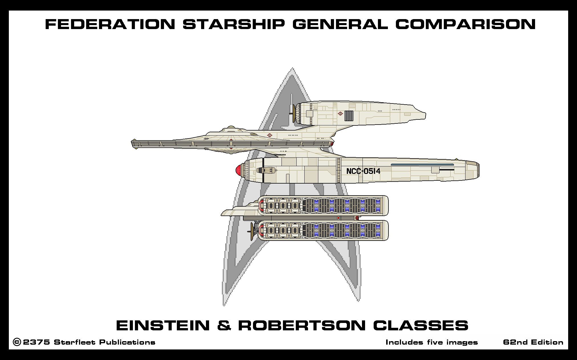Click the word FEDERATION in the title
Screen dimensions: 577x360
pyautogui.click(x=110, y=24)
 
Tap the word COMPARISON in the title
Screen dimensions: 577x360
pyautogui.click(x=465, y=24)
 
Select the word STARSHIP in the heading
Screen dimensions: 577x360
pyautogui.click(x=234, y=24)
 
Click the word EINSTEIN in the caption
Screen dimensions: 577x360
pyautogui.click(x=163, y=326)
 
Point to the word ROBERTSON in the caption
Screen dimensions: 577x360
pyautogui.click(x=302, y=326)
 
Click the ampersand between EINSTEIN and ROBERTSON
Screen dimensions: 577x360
pyautogui.click(x=224, y=326)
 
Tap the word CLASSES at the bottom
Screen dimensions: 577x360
pyautogui.click(x=421, y=326)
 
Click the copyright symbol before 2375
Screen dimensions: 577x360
pyautogui.click(x=17, y=342)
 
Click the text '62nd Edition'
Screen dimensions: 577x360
pyautogui.click(x=533, y=342)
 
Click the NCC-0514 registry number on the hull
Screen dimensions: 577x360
pyautogui.click(x=363, y=171)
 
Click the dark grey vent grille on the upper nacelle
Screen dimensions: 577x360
pyautogui.click(x=349, y=116)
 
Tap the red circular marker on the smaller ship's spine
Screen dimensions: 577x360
pyautogui.click(x=338, y=218)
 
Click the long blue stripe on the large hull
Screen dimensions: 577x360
pyautogui.click(x=422, y=165)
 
